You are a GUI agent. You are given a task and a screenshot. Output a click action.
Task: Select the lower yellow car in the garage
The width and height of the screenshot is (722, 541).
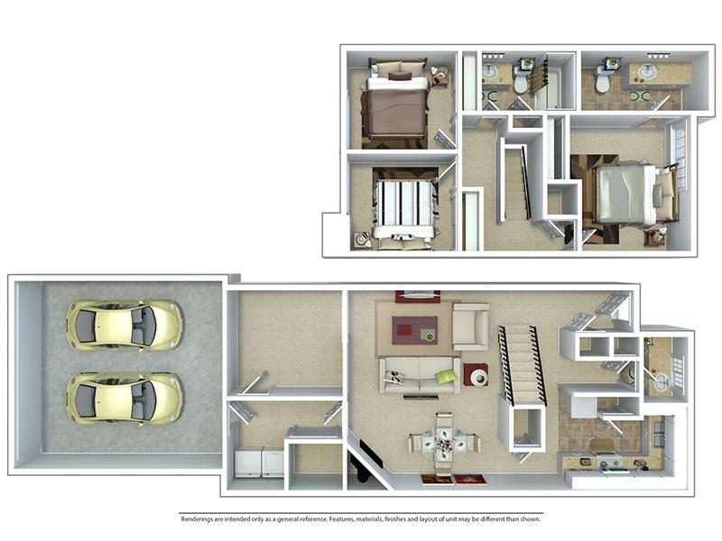point(125,399)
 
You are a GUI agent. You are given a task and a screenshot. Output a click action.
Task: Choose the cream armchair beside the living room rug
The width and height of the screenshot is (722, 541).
point(470,326)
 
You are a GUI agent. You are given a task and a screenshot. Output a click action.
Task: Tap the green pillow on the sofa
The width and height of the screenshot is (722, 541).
point(445,377)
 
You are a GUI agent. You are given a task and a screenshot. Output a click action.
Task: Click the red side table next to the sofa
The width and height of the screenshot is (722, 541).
point(477,375)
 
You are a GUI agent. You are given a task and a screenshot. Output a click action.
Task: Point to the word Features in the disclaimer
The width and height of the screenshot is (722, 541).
point(341,519)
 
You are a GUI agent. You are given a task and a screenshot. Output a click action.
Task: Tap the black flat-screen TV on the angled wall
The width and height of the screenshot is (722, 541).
point(371,454)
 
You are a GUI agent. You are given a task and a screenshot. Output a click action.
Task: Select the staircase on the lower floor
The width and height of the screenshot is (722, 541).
point(523,366)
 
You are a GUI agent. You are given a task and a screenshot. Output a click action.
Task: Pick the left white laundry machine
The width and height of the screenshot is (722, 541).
point(248,463)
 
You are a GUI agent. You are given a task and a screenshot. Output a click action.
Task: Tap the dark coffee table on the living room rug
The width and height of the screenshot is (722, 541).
point(414,330)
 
